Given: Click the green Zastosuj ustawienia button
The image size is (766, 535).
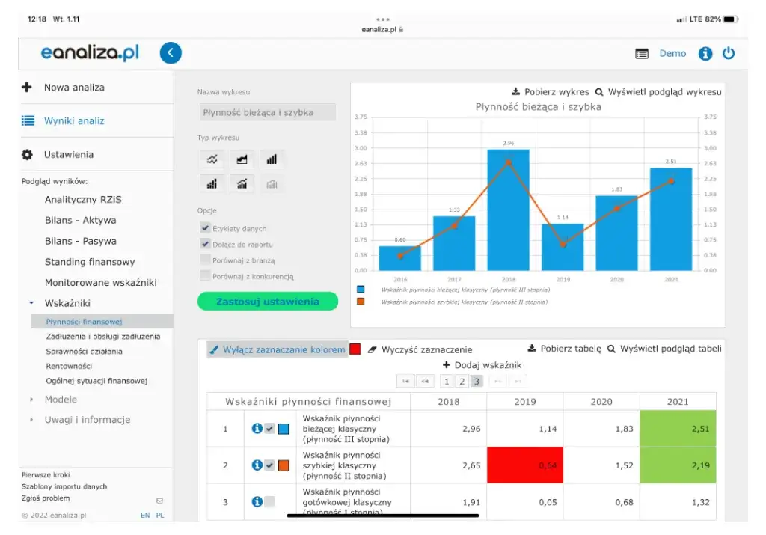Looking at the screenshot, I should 267,302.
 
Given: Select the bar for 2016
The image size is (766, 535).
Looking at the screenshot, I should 400,258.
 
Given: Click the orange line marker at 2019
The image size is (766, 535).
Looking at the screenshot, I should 563,245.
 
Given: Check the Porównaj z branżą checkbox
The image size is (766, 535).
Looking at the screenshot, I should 205,260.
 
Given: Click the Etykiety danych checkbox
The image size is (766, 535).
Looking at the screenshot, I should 205,228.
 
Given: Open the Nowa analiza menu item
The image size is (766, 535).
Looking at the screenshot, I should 74,87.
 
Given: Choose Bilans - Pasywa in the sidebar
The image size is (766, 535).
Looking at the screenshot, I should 80,241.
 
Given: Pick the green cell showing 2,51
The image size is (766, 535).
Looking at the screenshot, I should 678,429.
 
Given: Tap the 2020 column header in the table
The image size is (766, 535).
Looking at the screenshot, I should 601,401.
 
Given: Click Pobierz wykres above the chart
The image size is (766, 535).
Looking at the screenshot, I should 551,92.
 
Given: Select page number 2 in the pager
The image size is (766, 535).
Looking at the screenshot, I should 462,382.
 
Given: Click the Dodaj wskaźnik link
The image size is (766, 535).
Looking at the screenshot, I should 482,365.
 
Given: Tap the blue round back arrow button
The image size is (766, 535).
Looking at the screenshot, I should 171,53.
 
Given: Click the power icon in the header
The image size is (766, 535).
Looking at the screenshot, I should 728,53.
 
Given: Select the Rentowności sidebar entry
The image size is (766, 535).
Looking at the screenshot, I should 69,366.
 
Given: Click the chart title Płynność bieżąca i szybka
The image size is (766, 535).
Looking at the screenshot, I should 538,107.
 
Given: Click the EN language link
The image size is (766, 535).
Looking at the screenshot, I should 144,515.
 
